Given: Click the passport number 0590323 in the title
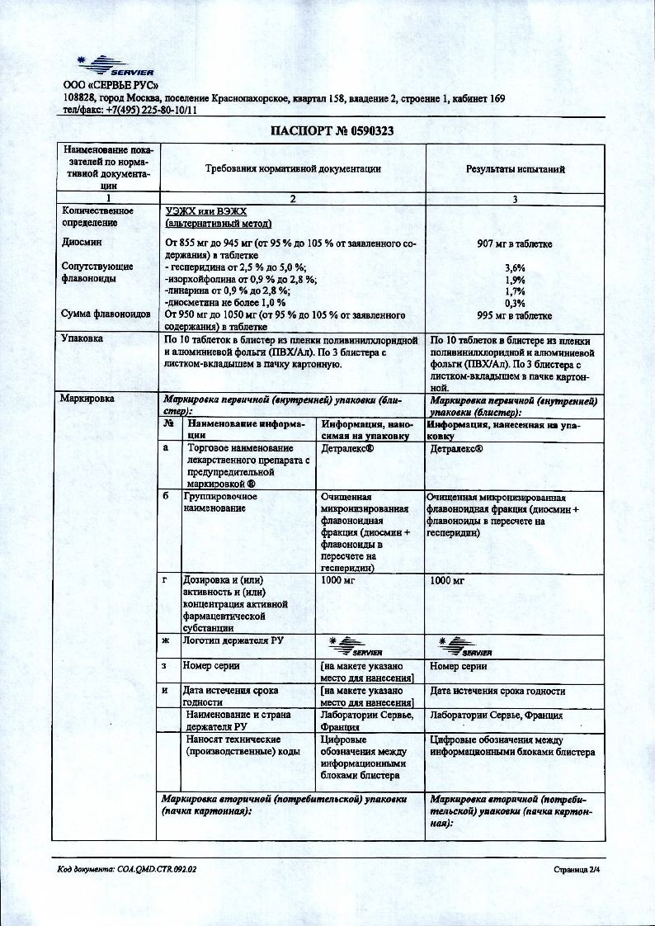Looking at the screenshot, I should click(356, 130).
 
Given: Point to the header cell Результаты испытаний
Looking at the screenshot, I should click(516, 168).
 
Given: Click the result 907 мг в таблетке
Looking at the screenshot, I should click(515, 243).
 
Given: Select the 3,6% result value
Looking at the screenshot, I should click(515, 267).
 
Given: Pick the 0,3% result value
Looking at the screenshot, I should click(515, 303).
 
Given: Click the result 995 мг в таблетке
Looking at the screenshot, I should click(515, 315).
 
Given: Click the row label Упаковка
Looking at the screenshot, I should click(82, 338).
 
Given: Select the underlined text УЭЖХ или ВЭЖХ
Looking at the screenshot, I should click(206, 211).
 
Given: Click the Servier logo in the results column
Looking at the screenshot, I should click(466, 645).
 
